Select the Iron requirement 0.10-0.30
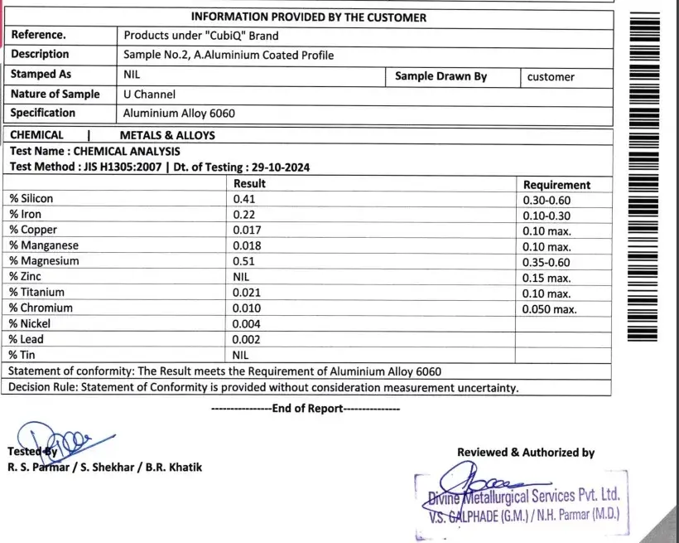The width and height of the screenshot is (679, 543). tap(547, 215)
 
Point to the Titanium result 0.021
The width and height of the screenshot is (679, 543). tap(247, 293)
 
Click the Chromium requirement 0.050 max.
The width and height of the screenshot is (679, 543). tap(550, 308)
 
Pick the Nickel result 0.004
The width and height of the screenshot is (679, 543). tap(247, 323)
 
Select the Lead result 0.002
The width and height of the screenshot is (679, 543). tap(247, 339)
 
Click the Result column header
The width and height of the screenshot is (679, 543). tap(249, 184)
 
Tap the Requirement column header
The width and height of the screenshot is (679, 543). tap(556, 185)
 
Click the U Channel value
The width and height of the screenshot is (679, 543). tap(149, 95)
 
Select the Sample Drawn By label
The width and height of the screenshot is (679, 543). tap(441, 76)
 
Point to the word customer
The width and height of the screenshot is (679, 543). tap(551, 77)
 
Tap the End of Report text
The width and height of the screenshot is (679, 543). tap(306, 408)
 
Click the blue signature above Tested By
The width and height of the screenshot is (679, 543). tap(50, 438)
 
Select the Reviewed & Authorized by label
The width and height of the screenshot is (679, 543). tap(526, 453)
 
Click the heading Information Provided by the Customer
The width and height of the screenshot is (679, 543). tap(309, 17)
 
